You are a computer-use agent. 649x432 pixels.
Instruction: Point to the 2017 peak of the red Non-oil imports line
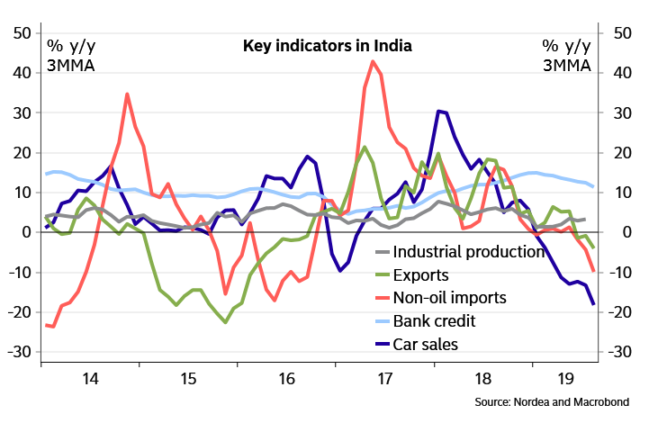373,61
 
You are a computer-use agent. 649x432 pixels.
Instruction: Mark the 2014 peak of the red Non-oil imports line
127,94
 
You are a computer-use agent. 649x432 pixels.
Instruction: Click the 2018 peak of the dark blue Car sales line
438,111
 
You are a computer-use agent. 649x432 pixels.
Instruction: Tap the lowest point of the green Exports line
225,321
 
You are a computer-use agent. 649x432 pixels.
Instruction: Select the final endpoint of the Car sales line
593,304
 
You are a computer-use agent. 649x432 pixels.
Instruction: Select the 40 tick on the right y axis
621,73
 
